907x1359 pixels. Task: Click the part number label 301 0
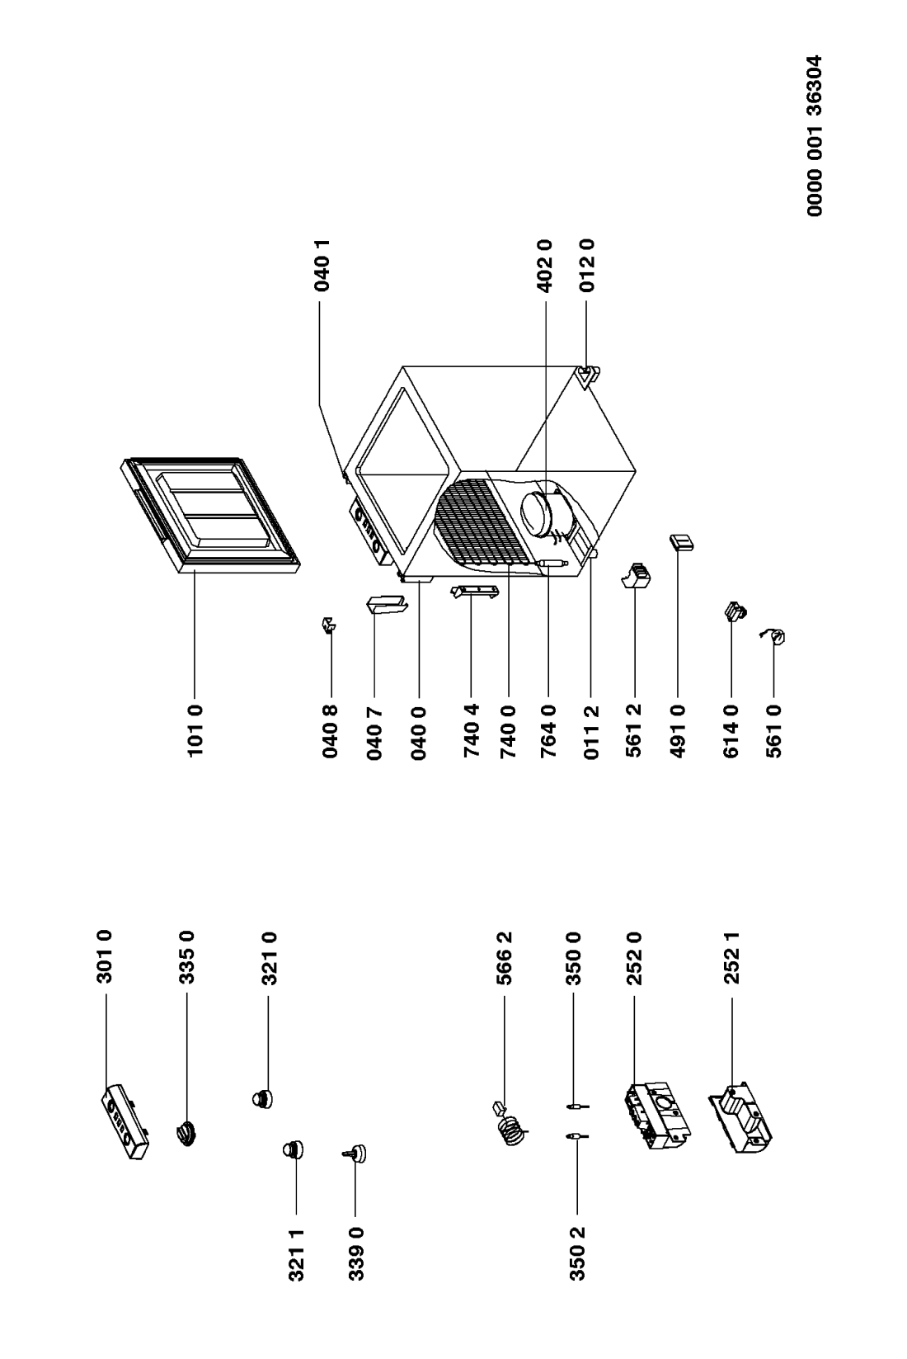tap(106, 956)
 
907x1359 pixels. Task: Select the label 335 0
tap(187, 956)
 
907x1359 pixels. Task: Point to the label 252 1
tap(732, 957)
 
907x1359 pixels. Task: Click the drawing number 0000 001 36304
tap(815, 136)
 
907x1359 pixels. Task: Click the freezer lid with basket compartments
tap(209, 515)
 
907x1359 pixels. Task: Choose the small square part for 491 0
tap(681, 542)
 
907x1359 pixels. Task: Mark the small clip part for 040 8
tap(330, 625)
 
